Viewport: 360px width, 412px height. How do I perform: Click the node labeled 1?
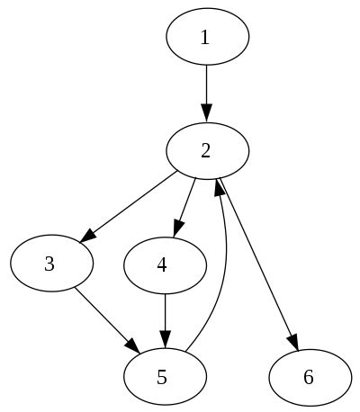[206, 38]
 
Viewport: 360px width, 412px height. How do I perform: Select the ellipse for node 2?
[206, 150]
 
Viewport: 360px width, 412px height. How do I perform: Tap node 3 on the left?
[50, 264]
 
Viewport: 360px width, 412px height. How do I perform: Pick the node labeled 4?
[163, 264]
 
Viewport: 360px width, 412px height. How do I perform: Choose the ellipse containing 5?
[163, 376]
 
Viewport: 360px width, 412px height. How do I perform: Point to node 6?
[309, 376]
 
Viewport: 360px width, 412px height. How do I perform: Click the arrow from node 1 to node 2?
[206, 90]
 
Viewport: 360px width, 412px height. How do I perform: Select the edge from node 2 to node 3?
[130, 205]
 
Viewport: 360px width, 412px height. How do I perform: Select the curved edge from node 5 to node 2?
[222, 270]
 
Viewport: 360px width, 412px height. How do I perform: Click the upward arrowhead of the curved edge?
[218, 187]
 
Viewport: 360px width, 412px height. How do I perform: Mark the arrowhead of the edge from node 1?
[206, 113]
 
